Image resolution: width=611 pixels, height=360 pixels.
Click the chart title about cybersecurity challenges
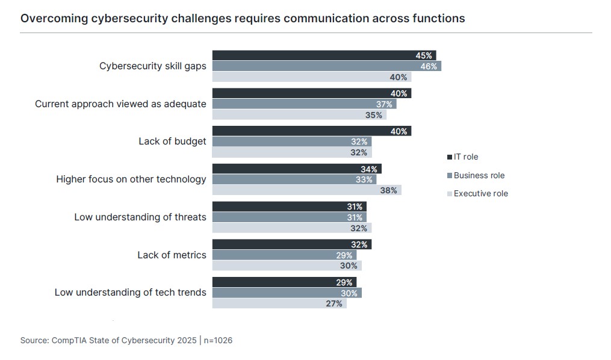coord(243,18)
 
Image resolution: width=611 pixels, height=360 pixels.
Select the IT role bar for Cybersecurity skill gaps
coord(324,55)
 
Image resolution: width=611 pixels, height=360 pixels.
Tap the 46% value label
coord(429,66)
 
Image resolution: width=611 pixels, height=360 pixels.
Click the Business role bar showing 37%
coord(304,104)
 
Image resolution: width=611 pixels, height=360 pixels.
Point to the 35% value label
coord(374,115)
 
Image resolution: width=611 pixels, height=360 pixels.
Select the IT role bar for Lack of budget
coord(311,131)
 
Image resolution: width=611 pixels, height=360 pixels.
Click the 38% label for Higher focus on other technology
coord(388,190)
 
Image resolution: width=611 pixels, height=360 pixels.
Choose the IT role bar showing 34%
coord(297,169)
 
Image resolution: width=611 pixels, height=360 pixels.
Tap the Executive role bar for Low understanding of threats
coord(291,228)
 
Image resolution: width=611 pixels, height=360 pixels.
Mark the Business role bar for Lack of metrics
coord(284,255)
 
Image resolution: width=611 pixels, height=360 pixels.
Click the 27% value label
coord(334,303)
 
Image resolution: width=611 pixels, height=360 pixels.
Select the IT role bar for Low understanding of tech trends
coord(284,282)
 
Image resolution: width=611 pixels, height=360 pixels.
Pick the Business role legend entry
coord(479,175)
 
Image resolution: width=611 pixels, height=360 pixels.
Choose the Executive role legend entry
coord(480,193)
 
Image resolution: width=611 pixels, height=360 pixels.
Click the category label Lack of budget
coord(172,141)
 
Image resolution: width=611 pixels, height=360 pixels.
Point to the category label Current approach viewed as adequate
coord(120,104)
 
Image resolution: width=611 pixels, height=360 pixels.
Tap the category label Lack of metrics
coord(172,255)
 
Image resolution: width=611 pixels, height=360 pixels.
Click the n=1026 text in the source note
coord(217,341)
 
